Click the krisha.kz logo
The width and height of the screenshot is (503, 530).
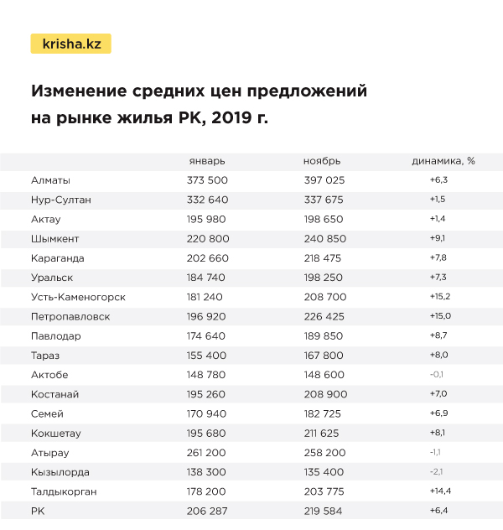pyautogui.click(x=70, y=44)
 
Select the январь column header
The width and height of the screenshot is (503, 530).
pyautogui.click(x=206, y=161)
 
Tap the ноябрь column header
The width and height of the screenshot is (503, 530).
pyautogui.click(x=322, y=161)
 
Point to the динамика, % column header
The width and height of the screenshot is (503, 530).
pyautogui.click(x=443, y=161)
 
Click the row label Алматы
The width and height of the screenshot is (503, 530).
pyautogui.click(x=50, y=180)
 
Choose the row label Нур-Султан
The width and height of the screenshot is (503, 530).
pyautogui.click(x=60, y=200)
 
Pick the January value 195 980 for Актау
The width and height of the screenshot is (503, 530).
pyautogui.click(x=207, y=219)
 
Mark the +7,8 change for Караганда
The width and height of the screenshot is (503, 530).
pyautogui.click(x=439, y=258)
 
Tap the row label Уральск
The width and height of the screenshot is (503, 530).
pyautogui.click(x=52, y=278)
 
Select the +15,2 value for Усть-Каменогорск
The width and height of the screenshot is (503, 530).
pyautogui.click(x=440, y=297)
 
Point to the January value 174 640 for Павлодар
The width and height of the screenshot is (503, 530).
pyautogui.click(x=207, y=336)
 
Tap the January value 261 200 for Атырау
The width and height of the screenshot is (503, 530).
pyautogui.click(x=207, y=453)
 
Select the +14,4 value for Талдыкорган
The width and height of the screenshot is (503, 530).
pyautogui.click(x=440, y=491)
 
